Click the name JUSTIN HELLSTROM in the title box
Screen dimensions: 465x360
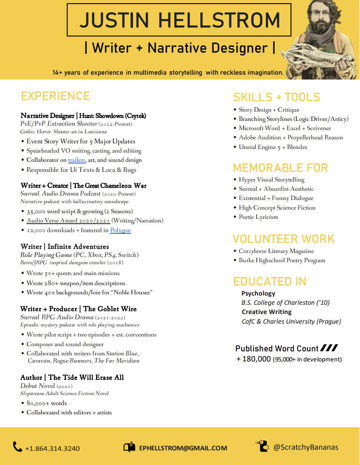click(x=179, y=20)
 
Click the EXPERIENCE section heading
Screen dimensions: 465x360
click(x=55, y=96)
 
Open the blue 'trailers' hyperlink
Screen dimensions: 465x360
click(x=77, y=160)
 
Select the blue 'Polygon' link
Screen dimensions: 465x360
click(x=121, y=230)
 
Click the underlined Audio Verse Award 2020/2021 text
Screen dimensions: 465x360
click(x=68, y=220)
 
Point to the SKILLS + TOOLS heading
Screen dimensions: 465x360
click(x=276, y=97)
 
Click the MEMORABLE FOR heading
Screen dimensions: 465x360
click(x=280, y=167)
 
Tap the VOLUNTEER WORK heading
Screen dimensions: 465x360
click(x=284, y=239)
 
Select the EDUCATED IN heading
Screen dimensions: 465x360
click(x=270, y=281)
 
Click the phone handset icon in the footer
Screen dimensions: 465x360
click(x=17, y=447)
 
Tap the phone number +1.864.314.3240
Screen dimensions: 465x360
click(x=52, y=448)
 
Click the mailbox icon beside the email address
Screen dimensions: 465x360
click(x=129, y=447)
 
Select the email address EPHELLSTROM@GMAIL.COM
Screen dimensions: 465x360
click(x=183, y=448)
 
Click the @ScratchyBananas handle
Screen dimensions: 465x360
click(x=306, y=447)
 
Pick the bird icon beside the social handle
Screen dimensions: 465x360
click(x=262, y=446)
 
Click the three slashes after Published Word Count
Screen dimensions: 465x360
click(x=329, y=348)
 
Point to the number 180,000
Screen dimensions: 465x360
click(x=256, y=359)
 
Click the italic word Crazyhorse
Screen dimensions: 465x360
click(x=252, y=251)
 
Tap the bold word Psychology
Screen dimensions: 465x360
click(x=258, y=294)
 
